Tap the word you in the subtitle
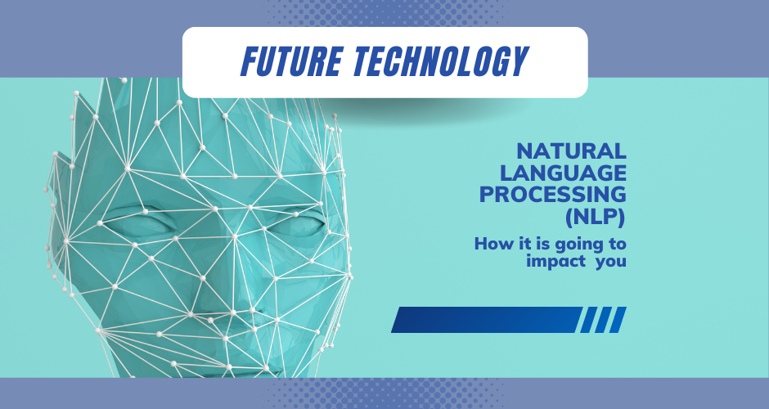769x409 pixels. click(609, 263)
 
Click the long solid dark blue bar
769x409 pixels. click(486, 320)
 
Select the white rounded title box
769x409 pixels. click(384, 61)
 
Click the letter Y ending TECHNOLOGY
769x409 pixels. click(518, 61)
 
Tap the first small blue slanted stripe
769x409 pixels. click(587, 320)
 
